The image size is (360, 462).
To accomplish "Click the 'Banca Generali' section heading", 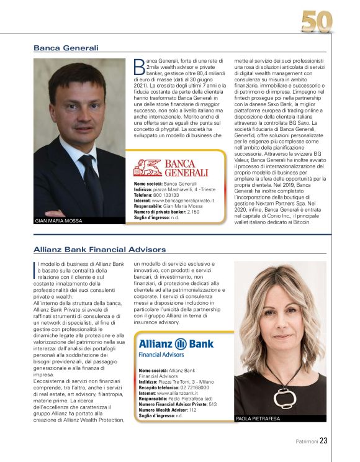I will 66,48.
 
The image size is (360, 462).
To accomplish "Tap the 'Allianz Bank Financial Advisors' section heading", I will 99,250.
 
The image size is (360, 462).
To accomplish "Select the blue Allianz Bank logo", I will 176,348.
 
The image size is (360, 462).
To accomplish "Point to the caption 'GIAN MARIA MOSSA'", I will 60,220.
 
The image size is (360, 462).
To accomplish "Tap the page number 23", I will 324,441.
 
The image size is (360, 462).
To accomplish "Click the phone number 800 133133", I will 168,194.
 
